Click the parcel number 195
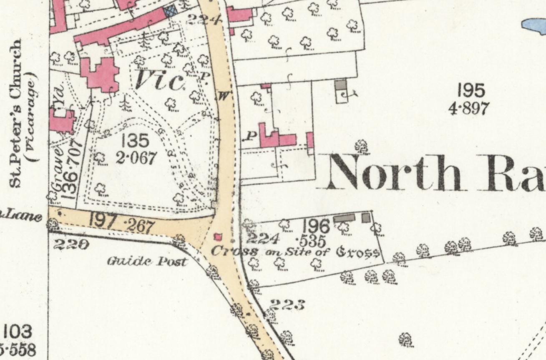pos(471,91)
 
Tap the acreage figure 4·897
pos(468,108)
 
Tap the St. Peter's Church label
pos(17,113)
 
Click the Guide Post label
pos(148,262)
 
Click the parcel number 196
pos(316,226)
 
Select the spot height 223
pos(287,305)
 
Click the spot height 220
pos(70,245)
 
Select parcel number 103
pos(17,332)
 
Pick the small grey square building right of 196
pos(366,217)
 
